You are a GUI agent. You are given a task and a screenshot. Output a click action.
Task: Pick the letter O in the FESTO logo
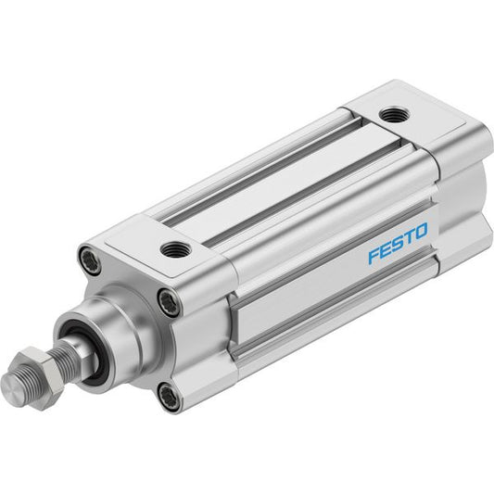pyautogui.click(x=420, y=231)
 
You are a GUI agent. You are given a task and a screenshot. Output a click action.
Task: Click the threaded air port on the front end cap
pyautogui.click(x=176, y=249)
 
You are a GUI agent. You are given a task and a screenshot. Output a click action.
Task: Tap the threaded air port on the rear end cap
pyautogui.click(x=394, y=115)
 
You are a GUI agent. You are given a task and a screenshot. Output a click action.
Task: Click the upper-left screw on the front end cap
pyautogui.click(x=90, y=260)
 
